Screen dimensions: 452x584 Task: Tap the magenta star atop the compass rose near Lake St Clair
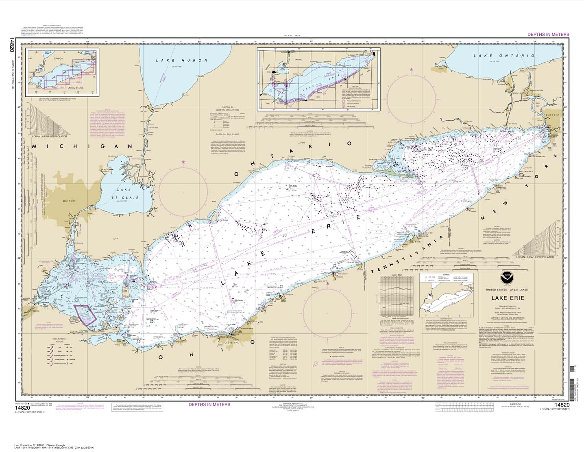tap(183, 162)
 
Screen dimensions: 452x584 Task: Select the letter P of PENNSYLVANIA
tap(376, 270)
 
